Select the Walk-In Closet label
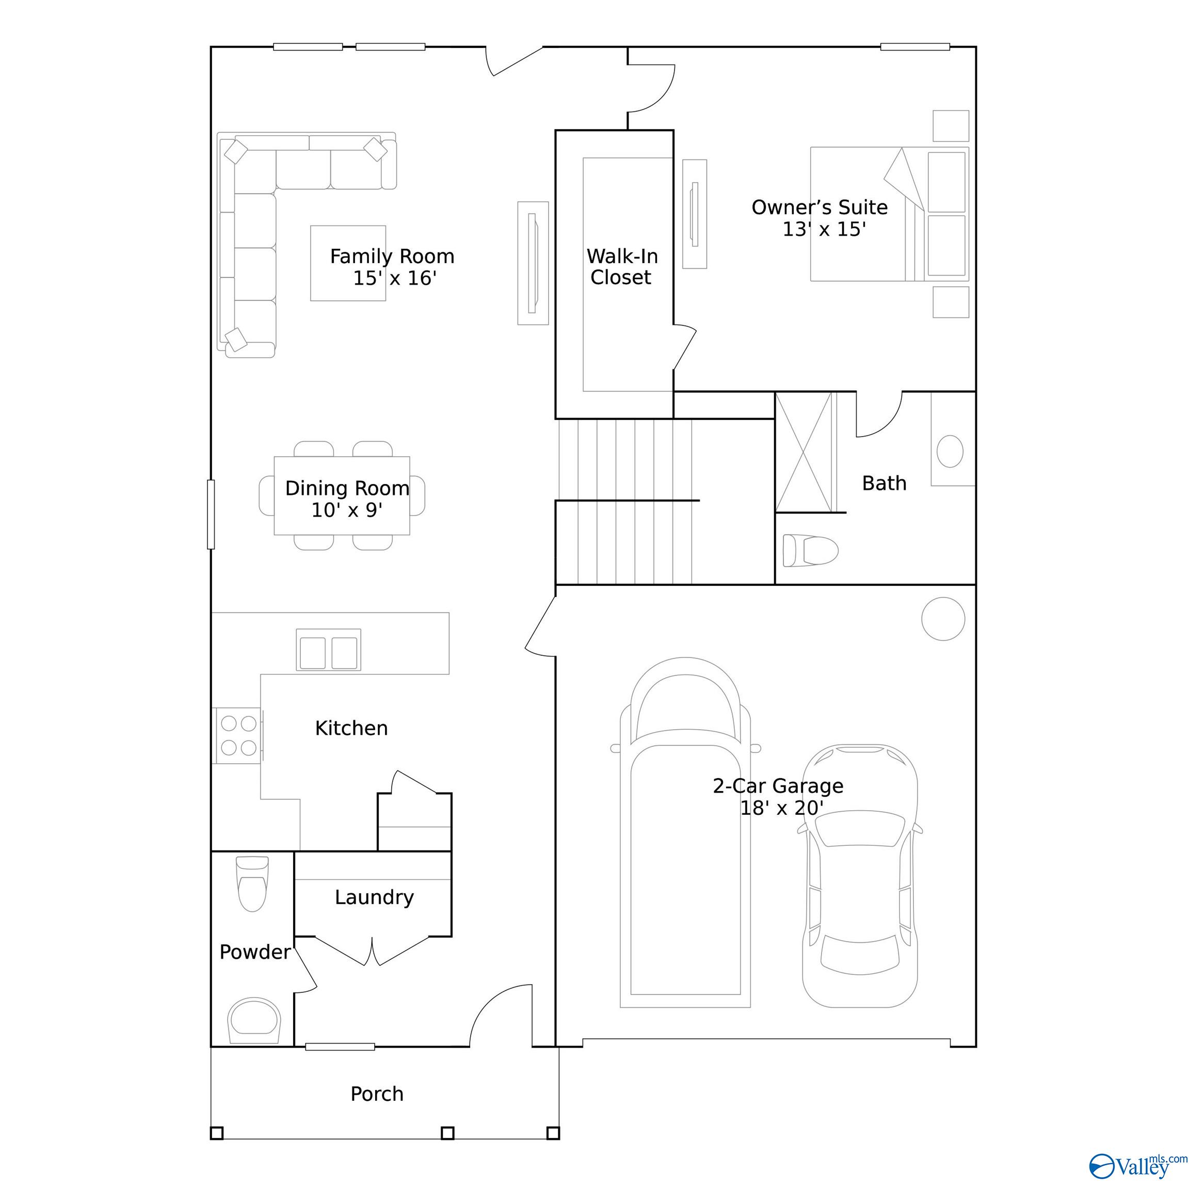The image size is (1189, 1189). point(621,266)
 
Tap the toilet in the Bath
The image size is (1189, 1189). point(810,550)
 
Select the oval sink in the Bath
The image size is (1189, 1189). point(950,451)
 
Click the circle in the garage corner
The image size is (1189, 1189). point(943,619)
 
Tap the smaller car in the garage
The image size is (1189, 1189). point(860,881)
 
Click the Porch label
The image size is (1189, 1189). point(377,1094)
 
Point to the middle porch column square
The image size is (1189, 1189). point(447,1150)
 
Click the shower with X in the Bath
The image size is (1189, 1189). point(803,453)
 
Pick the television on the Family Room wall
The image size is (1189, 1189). point(533,263)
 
